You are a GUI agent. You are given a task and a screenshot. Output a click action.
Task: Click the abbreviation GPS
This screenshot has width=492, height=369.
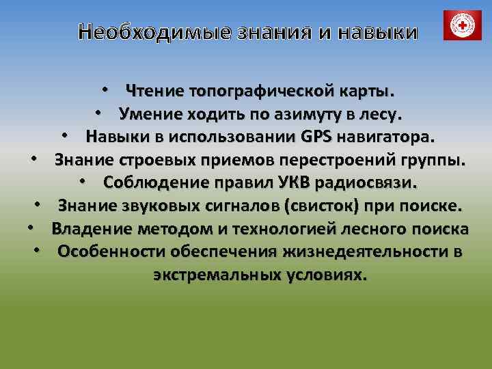(x=316, y=137)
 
